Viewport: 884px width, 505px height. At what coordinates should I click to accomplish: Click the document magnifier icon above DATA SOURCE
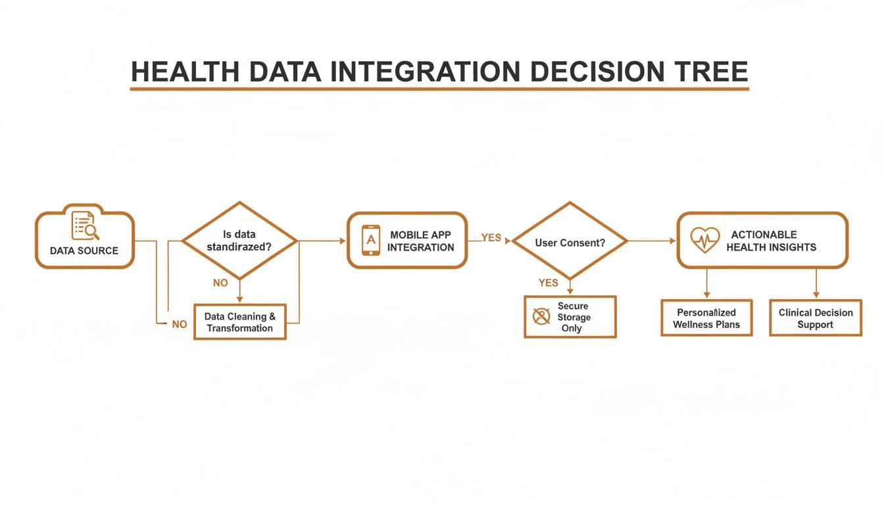coord(86,226)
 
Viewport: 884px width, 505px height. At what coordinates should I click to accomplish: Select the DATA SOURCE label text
coord(84,251)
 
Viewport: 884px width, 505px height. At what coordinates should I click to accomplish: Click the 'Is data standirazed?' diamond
coord(239,241)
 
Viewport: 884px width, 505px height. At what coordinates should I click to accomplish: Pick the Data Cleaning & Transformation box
coord(240,322)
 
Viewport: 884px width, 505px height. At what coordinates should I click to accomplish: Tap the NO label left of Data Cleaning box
coord(179,324)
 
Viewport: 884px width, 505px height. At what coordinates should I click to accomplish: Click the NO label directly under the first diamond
coord(220,283)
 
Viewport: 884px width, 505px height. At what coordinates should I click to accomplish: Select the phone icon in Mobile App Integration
coord(371,240)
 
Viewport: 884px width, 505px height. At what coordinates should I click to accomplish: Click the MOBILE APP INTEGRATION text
coord(421,241)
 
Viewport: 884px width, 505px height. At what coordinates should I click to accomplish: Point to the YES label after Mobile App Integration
coord(491,237)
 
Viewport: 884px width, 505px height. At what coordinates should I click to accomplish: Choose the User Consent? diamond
coord(570,242)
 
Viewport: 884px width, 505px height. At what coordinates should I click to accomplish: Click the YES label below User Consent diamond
coord(548,283)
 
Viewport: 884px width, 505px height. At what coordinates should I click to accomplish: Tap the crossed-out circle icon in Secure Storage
coord(541,316)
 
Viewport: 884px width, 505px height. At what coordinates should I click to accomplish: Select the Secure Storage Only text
coord(574,317)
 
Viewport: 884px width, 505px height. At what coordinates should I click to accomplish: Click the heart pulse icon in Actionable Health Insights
coord(704,241)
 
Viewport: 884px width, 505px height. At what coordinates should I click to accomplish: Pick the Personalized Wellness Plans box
coord(706,318)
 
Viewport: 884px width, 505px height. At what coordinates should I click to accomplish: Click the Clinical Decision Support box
coord(816,318)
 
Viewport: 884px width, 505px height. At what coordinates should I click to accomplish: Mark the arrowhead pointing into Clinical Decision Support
coord(816,295)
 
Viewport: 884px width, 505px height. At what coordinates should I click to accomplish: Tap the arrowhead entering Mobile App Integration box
coord(342,241)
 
